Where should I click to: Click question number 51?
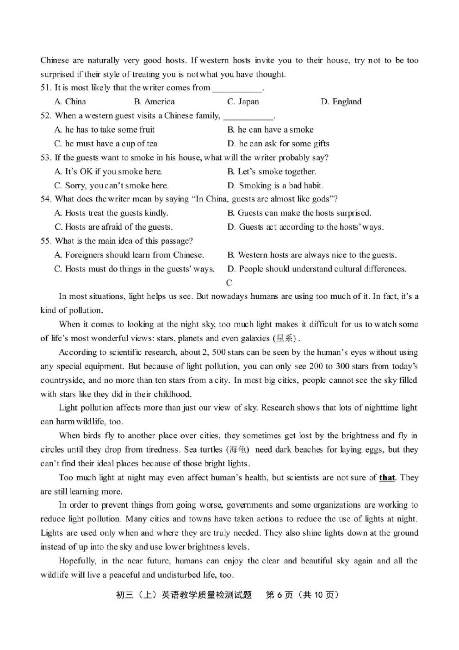pos(45,88)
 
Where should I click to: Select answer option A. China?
pos(70,102)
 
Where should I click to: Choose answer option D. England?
pos(341,102)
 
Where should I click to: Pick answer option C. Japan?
pos(243,102)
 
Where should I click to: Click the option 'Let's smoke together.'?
pos(272,171)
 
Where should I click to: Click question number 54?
pos(45,199)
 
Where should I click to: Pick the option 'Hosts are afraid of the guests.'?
pos(113,227)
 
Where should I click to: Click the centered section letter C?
pos(229,283)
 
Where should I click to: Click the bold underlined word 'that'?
pos(387,477)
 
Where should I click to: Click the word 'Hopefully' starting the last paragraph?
pos(77,561)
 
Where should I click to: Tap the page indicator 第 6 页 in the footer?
pos(279,595)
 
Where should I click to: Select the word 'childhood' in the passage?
pos(171,394)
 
